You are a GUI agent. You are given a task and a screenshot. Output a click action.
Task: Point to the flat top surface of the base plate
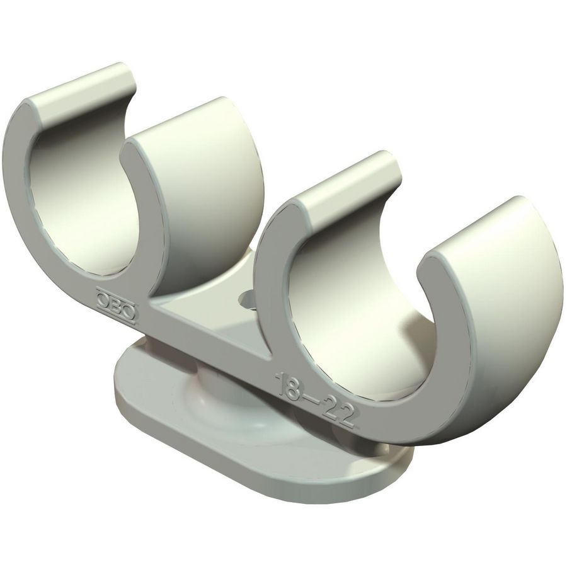click(x=265, y=435)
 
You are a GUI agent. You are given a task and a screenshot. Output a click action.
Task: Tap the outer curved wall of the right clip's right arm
click(x=517, y=315)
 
